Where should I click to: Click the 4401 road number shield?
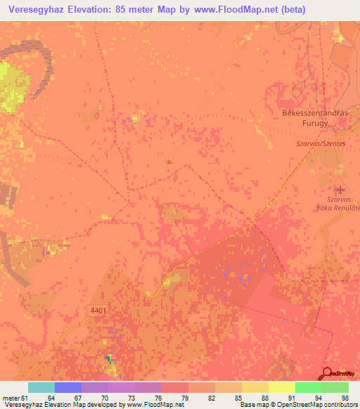coord(98,310)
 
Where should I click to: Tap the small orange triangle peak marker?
coord(168,162)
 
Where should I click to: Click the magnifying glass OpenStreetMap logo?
coord(328,374)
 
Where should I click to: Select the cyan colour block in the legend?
coord(41,387)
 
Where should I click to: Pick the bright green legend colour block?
coord(308,387)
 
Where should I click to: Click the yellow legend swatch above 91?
coord(282,387)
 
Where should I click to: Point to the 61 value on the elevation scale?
coord(25,398)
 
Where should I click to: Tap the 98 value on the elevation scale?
coord(345,398)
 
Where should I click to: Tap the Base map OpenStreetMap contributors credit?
coord(296,405)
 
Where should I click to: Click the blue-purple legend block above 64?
coord(68,387)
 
